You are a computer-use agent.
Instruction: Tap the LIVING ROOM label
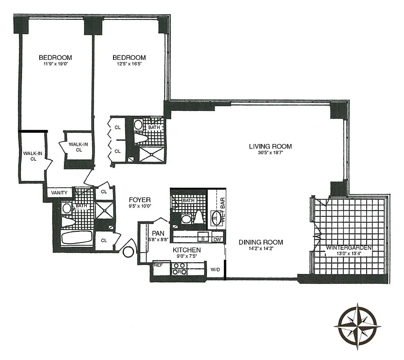click(270, 146)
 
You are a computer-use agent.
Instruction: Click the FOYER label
click(140, 200)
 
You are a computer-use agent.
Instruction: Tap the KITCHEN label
click(187, 250)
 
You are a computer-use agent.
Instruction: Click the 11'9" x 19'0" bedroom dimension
click(55, 64)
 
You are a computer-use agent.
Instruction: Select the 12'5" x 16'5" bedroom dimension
click(129, 64)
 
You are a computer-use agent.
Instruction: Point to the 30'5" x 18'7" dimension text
click(270, 153)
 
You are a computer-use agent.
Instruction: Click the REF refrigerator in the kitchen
click(158, 265)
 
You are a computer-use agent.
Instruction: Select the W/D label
click(215, 270)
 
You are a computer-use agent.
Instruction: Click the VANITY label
click(59, 193)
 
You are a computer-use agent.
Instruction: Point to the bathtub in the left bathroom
click(76, 237)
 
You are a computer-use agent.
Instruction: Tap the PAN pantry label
click(158, 233)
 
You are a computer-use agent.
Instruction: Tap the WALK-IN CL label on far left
click(32, 156)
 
